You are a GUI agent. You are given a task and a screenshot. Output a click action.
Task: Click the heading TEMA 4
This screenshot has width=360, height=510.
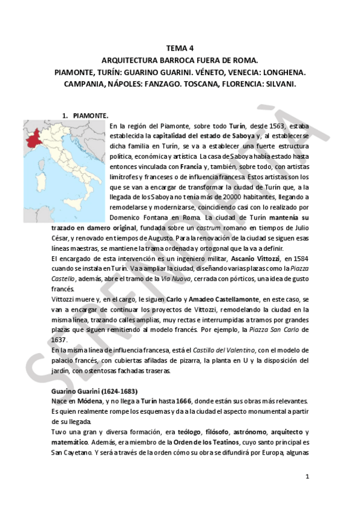click(180, 48)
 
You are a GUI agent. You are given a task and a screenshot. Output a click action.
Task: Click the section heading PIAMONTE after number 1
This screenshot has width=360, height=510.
click(90, 114)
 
